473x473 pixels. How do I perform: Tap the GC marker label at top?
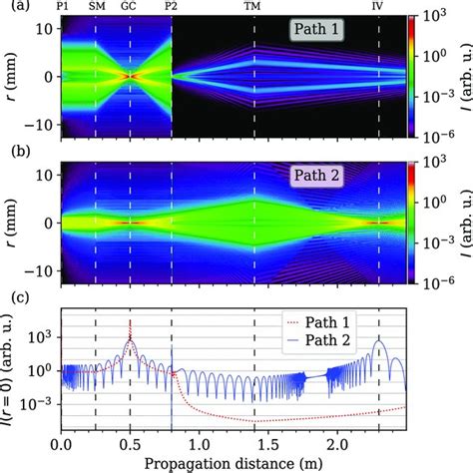[130, 7]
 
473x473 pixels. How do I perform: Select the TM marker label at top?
[254, 7]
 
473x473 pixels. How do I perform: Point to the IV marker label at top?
[378, 7]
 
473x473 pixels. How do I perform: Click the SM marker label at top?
[96, 7]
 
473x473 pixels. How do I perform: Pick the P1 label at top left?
[64, 7]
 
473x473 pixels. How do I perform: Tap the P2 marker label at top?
[172, 7]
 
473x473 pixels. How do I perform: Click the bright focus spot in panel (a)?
[130, 76]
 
